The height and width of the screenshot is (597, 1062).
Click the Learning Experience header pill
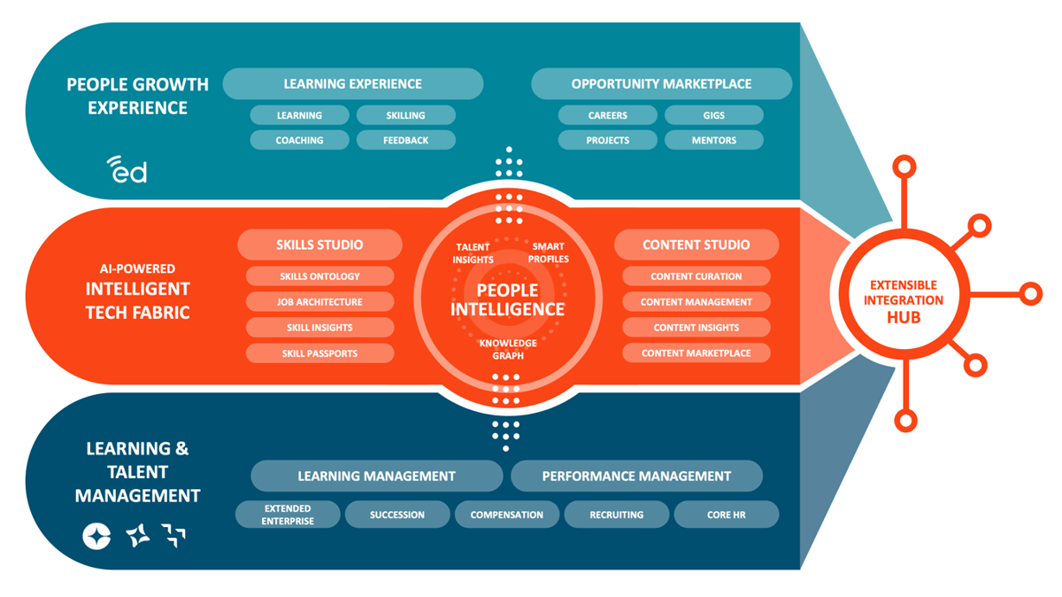tap(352, 84)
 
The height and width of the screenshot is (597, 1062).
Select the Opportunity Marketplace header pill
tap(661, 84)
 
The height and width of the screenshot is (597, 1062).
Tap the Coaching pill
tap(299, 140)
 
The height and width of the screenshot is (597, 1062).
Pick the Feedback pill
tap(405, 140)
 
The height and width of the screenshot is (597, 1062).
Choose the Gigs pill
tap(713, 115)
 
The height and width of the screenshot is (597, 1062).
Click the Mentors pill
tap(713, 140)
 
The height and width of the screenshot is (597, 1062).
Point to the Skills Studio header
tap(319, 244)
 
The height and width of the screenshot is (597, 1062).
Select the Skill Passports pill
tap(319, 353)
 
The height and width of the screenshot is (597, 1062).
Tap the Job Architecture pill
tap(319, 302)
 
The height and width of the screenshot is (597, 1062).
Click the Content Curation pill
tap(696, 276)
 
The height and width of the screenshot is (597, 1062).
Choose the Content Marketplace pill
tap(696, 353)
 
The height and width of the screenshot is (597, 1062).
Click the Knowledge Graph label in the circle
tap(508, 349)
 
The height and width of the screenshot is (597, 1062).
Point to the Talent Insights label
tap(473, 253)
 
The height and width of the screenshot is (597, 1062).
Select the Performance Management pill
tap(636, 476)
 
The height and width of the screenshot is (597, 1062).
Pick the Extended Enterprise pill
tap(288, 515)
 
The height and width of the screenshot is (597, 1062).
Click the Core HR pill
tap(726, 515)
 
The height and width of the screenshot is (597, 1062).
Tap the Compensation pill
tap(506, 515)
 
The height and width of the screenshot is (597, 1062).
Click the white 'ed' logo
tap(127, 169)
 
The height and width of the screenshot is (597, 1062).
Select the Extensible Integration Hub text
tap(903, 301)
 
